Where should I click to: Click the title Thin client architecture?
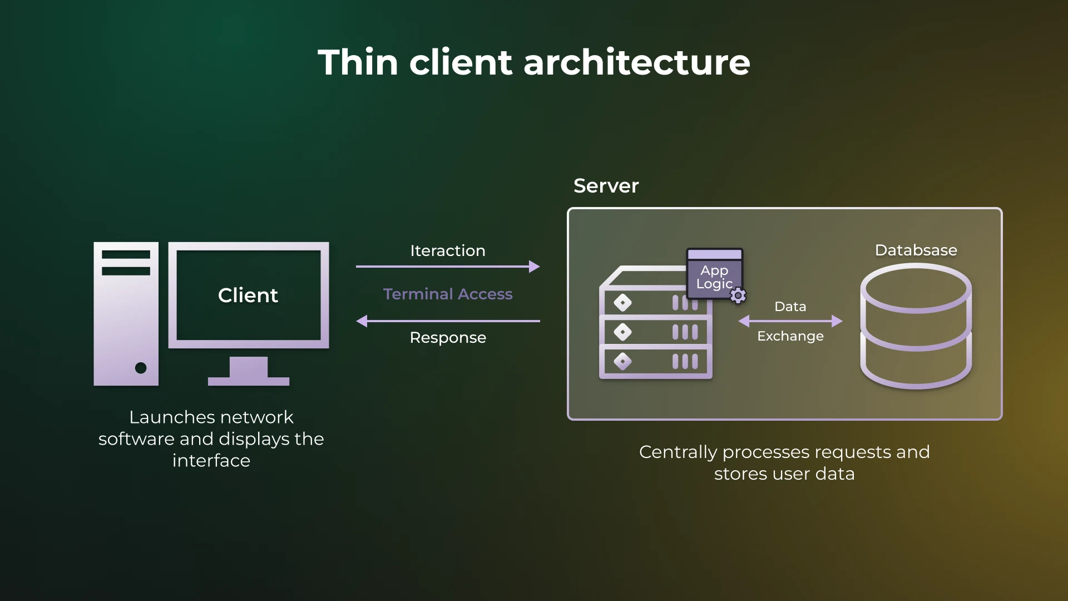(x=534, y=62)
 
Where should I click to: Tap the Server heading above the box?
(x=606, y=186)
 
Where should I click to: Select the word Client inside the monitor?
(x=248, y=295)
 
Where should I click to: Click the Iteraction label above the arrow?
(x=448, y=250)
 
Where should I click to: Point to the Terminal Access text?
(x=448, y=294)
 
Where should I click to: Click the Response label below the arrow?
(x=448, y=337)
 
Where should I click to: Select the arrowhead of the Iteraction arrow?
(x=535, y=267)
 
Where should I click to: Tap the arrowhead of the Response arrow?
(x=362, y=321)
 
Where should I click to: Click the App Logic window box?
(x=714, y=273)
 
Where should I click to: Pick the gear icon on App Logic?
(x=738, y=295)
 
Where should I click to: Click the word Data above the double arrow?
(x=790, y=307)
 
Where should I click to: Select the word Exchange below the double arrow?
(x=790, y=336)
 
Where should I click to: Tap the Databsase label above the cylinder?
(x=916, y=250)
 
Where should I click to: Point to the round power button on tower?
(x=141, y=368)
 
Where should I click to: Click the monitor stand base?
(x=248, y=381)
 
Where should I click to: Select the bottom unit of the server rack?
(x=656, y=362)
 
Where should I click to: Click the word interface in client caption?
(x=211, y=461)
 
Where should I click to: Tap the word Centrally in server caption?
(x=678, y=452)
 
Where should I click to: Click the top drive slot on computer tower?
(x=126, y=255)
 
